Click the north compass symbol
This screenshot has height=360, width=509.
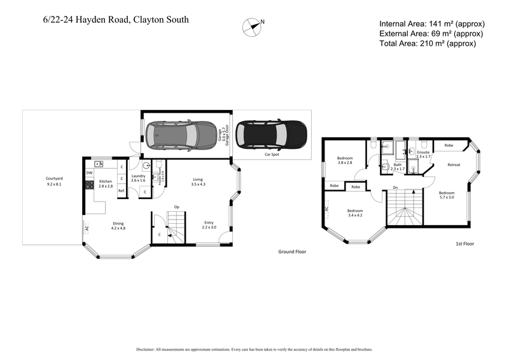tap(252, 25)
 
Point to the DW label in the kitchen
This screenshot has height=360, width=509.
tap(89, 172)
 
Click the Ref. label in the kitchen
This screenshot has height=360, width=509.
tap(121, 190)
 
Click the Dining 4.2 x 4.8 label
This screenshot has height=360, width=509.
tap(118, 225)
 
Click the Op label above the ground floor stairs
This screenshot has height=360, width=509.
tap(177, 207)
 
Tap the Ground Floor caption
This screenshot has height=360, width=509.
tap(292, 252)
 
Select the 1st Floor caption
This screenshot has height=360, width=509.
tap(465, 244)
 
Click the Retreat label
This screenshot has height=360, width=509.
tap(454, 165)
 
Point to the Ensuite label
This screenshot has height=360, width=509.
tap(424, 154)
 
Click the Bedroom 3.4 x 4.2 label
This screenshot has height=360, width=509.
tap(354, 213)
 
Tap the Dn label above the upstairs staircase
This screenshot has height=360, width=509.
tap(395, 188)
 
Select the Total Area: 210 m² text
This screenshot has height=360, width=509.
tap(427, 43)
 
